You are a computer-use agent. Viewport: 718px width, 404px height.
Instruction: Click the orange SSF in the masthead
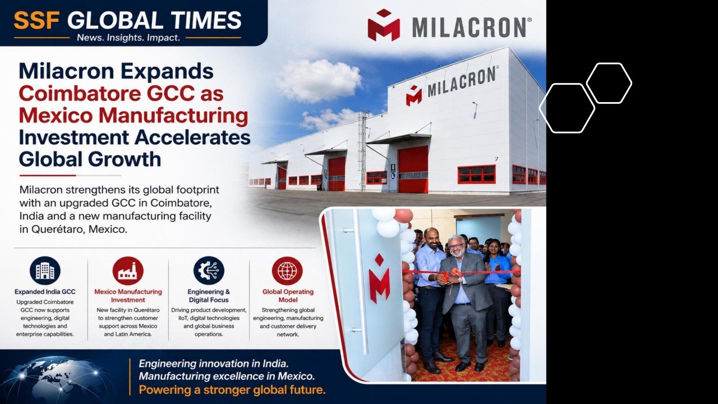(x=36, y=21)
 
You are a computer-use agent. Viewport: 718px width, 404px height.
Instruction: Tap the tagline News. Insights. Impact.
(x=128, y=38)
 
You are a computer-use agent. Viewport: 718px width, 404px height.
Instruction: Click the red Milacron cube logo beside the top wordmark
(x=384, y=25)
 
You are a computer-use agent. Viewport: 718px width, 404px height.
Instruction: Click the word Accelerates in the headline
(x=192, y=137)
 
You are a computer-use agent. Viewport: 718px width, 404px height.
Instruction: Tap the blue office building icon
(x=45, y=270)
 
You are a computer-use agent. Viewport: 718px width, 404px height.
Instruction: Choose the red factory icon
(x=127, y=270)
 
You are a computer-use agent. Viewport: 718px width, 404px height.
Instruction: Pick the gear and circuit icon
(x=209, y=270)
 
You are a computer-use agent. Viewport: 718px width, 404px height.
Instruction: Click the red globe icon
(x=287, y=270)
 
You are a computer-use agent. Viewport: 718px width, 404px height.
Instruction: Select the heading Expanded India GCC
(x=45, y=292)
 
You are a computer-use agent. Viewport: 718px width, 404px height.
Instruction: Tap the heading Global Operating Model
(x=288, y=296)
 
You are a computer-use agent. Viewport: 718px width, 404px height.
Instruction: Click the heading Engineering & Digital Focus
(x=209, y=296)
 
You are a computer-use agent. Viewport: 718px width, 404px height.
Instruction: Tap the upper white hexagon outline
(x=609, y=83)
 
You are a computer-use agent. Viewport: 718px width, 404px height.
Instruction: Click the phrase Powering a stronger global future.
(x=232, y=390)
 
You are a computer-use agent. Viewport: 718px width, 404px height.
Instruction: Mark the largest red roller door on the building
(x=413, y=169)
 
